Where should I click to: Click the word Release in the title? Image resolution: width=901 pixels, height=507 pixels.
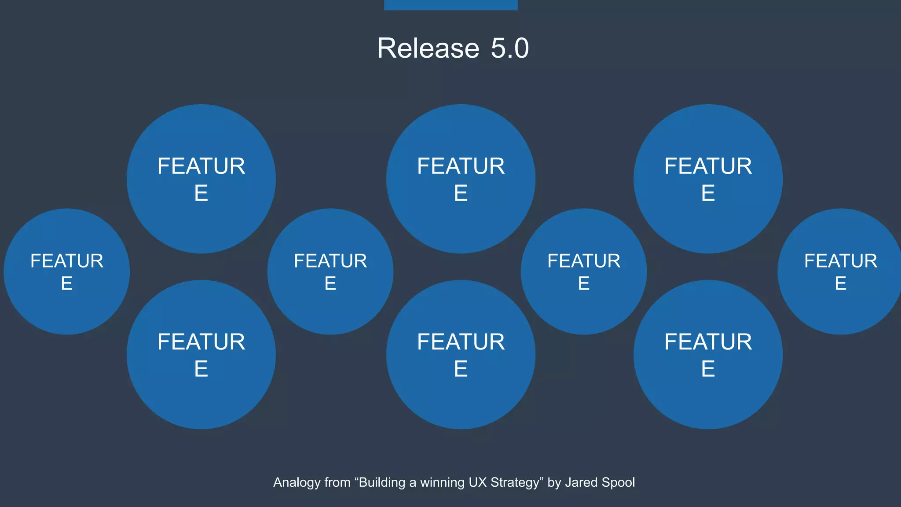pyautogui.click(x=428, y=48)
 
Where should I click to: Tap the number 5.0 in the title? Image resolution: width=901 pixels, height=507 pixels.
pyautogui.click(x=509, y=48)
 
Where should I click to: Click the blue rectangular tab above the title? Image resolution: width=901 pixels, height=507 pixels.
pyautogui.click(x=450, y=5)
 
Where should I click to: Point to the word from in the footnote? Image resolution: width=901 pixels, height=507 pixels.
pyautogui.click(x=337, y=482)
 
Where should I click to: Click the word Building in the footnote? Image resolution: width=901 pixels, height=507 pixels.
pyautogui.click(x=381, y=482)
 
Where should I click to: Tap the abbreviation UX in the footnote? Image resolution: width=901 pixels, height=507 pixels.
pyautogui.click(x=477, y=482)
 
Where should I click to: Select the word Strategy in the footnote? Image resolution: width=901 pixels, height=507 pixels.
pyautogui.click(x=517, y=482)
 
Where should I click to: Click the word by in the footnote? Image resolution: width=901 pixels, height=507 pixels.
pyautogui.click(x=554, y=482)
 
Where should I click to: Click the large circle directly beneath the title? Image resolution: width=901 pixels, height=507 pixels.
pyautogui.click(x=461, y=179)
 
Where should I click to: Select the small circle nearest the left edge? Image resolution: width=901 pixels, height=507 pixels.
pyautogui.click(x=67, y=272)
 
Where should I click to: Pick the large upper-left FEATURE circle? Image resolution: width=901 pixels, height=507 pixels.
pyautogui.click(x=201, y=179)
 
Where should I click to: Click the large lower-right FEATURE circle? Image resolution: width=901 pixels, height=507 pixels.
pyautogui.click(x=708, y=355)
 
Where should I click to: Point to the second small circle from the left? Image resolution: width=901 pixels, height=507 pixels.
pyautogui.click(x=330, y=272)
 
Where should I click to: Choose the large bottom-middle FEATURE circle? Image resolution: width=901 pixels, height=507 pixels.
pyautogui.click(x=461, y=355)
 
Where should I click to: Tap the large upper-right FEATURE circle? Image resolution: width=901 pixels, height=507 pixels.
pyautogui.click(x=708, y=179)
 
